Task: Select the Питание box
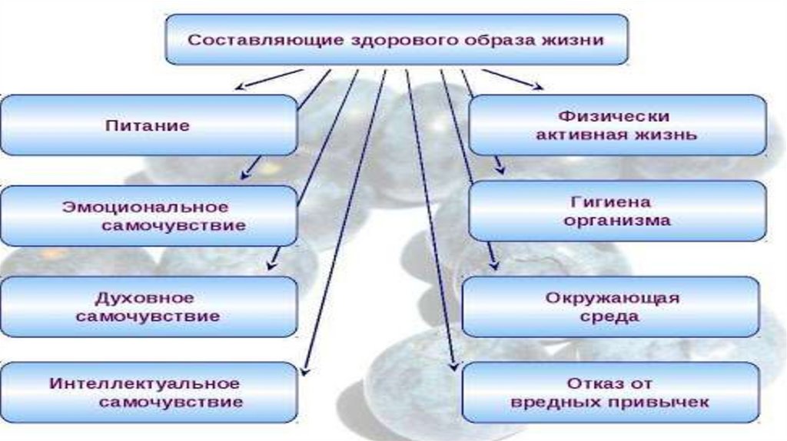tap(148, 125)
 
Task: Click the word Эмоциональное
tap(146, 207)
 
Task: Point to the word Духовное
tap(145, 297)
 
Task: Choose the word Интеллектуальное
tap(145, 383)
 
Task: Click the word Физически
tap(617, 117)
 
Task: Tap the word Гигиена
tap(612, 202)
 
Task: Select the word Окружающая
tap(613, 297)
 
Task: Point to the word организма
tap(617, 220)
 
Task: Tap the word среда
tap(613, 316)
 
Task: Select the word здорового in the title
tap(400, 39)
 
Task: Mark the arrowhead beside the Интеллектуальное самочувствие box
tap(304, 372)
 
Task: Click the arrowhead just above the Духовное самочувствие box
tap(270, 266)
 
